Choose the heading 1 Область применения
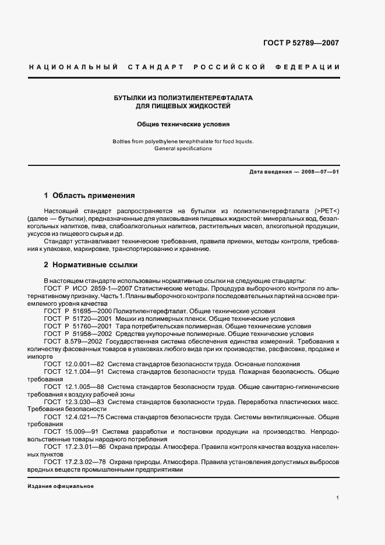coord(90,196)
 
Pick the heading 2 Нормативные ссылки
coord(91,265)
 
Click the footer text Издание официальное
coord(61,486)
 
